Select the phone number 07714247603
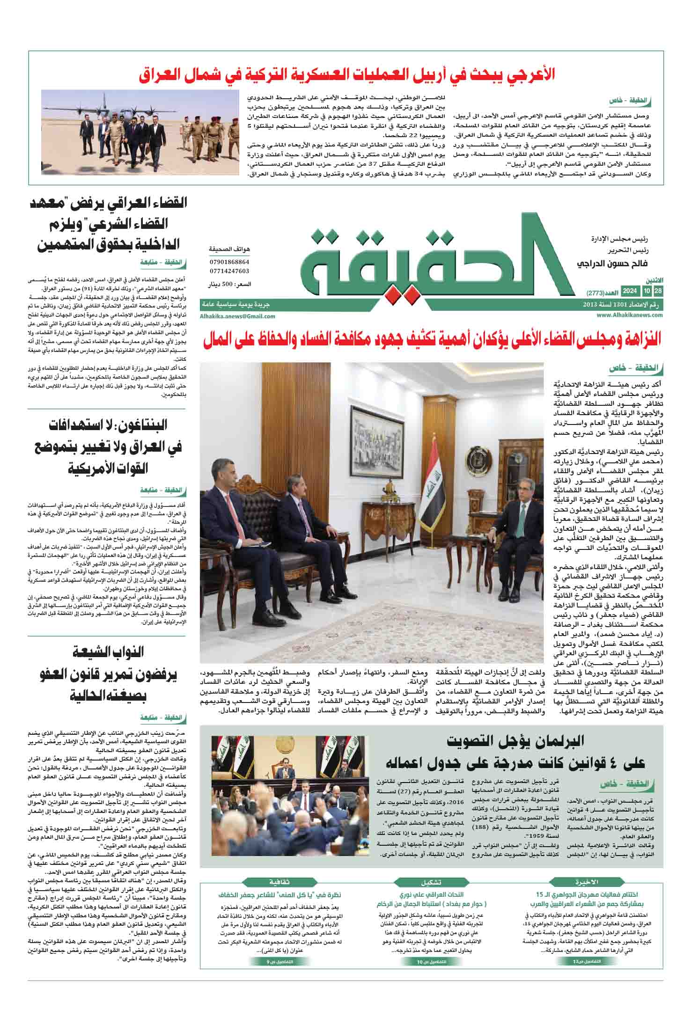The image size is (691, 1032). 229,271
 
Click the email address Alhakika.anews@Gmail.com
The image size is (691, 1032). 237,316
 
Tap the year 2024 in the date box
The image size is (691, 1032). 629,292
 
